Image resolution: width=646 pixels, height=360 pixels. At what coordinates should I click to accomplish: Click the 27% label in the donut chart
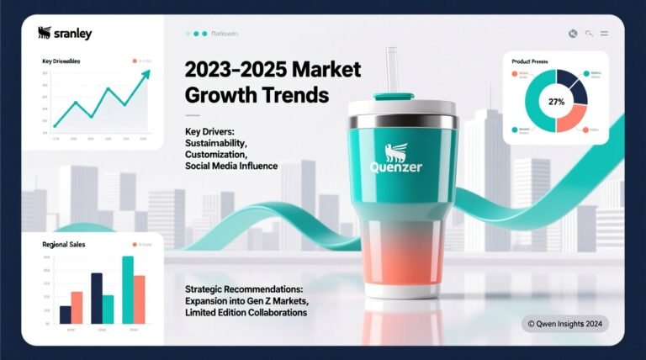pos(555,102)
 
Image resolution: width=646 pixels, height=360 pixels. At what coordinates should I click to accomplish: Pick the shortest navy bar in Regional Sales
pos(66,315)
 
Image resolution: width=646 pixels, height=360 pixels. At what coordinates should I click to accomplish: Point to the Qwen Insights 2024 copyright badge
pos(564,322)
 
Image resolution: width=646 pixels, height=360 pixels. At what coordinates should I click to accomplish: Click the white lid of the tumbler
pos(403,110)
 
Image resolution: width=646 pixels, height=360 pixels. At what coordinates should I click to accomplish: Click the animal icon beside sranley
pos(45,33)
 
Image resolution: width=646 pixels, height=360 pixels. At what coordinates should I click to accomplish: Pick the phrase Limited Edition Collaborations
pos(246,312)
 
